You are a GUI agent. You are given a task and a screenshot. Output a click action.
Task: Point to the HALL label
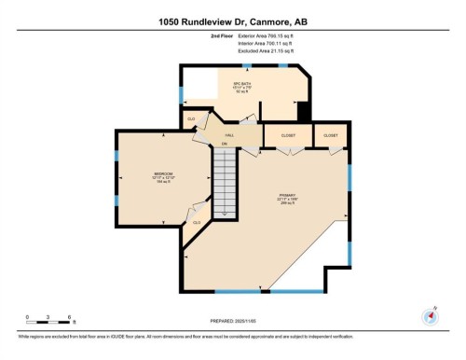point(226,135)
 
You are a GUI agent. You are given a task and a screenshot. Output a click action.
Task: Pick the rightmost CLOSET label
point(331,136)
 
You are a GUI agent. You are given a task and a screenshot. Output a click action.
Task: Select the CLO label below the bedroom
point(196,222)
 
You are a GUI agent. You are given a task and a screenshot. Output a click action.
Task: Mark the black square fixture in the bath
point(302,111)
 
